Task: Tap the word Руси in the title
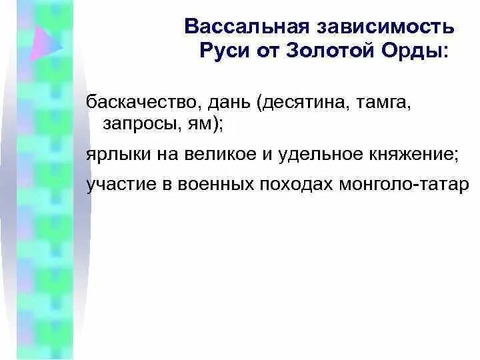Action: tap(223, 51)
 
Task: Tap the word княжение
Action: tap(410, 154)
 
